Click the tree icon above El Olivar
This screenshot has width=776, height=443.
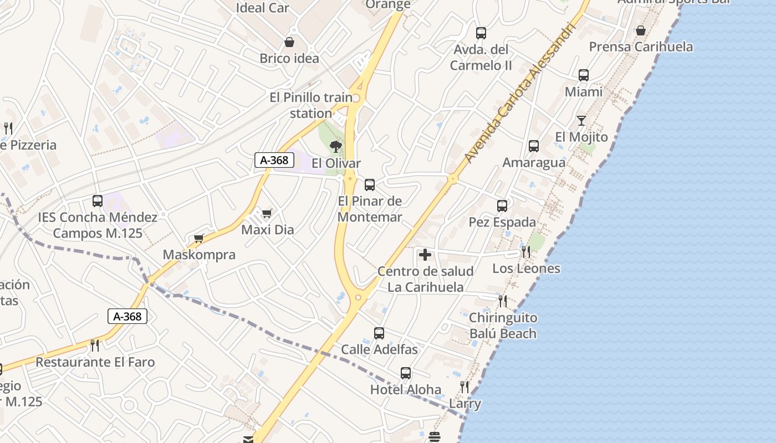click(x=335, y=147)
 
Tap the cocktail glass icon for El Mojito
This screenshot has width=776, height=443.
click(x=581, y=120)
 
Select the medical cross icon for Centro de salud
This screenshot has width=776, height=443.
click(x=425, y=255)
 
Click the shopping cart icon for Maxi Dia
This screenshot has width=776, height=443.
click(x=267, y=213)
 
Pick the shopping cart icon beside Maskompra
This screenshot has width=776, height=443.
click(x=198, y=239)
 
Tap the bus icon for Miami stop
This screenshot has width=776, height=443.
click(x=583, y=75)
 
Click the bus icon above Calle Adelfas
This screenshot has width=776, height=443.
click(x=379, y=333)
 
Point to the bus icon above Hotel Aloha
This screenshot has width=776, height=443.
click(x=406, y=373)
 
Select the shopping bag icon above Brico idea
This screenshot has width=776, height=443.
click(x=289, y=42)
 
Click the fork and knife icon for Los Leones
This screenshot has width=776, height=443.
click(x=525, y=252)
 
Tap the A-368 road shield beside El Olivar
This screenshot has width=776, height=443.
click(x=274, y=160)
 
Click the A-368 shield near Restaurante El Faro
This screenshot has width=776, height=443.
click(x=127, y=316)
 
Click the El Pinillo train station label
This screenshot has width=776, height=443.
click(x=311, y=105)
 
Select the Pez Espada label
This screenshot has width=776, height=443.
click(x=502, y=222)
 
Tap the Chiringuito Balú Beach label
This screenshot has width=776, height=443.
click(x=503, y=326)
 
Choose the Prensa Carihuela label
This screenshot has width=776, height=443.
click(x=641, y=47)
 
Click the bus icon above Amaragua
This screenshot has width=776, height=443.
click(x=534, y=146)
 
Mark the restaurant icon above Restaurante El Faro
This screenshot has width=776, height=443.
click(x=95, y=346)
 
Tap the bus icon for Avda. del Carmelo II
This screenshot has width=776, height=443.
click(x=481, y=33)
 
